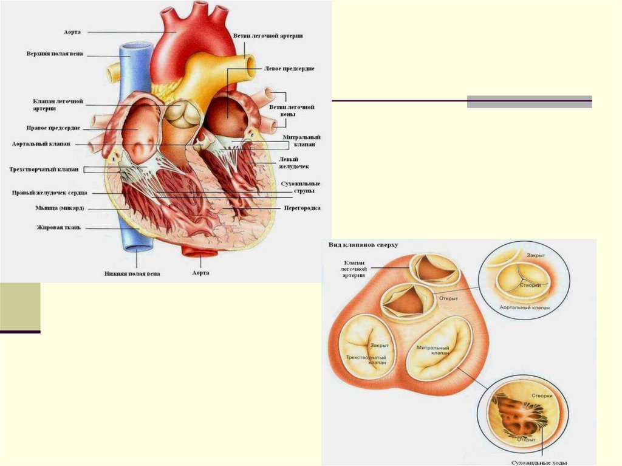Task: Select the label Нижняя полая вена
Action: (131, 273)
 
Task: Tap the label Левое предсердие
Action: (289, 69)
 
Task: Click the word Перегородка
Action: (302, 208)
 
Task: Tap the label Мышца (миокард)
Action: (59, 208)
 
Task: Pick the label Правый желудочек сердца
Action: (50, 193)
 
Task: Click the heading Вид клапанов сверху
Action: (363, 244)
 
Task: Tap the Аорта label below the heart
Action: (200, 273)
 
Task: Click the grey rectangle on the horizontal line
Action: (529, 101)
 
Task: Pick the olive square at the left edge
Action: (20, 306)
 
